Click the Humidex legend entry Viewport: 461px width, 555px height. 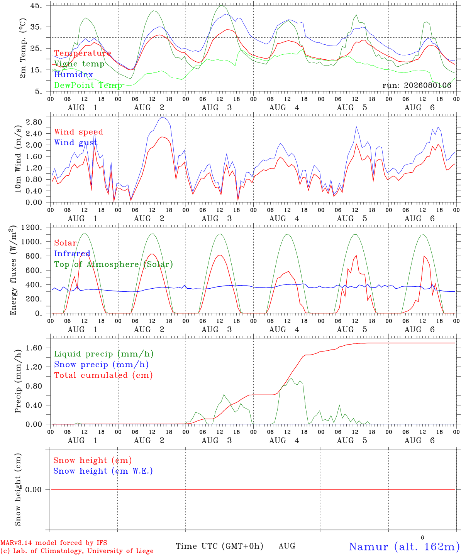tap(73, 74)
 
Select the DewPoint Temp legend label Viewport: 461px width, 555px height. tap(88, 85)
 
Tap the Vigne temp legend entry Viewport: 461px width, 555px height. tap(79, 64)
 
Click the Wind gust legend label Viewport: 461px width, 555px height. tap(76, 143)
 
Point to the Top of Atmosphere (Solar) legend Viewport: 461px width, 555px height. tap(114, 264)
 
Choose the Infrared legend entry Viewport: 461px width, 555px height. tap(72, 254)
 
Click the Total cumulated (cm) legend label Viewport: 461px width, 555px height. tap(103, 375)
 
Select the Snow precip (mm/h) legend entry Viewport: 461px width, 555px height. tap(101, 365)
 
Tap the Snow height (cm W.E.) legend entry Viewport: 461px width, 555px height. tap(103, 471)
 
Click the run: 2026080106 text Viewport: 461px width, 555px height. tap(417, 85)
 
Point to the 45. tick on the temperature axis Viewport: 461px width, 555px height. tap(36, 5)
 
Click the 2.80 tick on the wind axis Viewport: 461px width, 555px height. tap(34, 122)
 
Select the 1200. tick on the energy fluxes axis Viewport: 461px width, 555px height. tap(32, 227)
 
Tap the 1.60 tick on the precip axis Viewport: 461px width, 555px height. tap(34, 348)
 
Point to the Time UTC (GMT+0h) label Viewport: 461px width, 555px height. tap(219, 546)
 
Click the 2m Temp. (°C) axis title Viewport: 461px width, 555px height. tap(23, 49)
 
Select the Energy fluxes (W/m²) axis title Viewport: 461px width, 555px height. tap(13, 270)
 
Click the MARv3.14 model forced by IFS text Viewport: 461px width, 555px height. tap(54, 543)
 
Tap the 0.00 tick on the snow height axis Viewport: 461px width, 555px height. tap(33, 489)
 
